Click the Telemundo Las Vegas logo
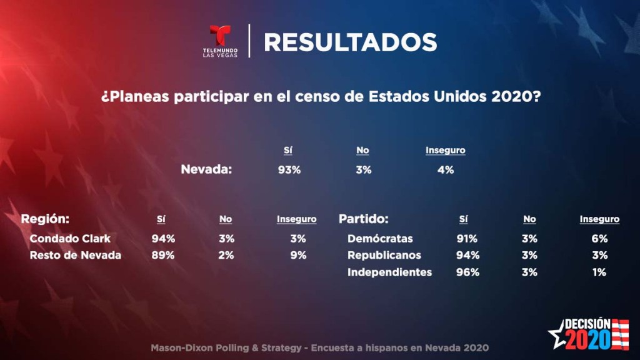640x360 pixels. (x=221, y=41)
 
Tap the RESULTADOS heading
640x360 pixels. (x=350, y=42)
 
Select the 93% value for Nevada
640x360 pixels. (x=289, y=169)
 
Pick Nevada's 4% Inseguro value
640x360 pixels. (x=445, y=169)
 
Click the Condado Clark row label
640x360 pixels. (x=70, y=238)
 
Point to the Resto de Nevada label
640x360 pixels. (x=75, y=255)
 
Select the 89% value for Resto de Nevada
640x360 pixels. (x=163, y=255)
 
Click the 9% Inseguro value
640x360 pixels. (x=297, y=255)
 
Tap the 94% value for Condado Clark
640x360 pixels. (x=163, y=238)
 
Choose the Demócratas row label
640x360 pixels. (x=380, y=238)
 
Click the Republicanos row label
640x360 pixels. (x=384, y=255)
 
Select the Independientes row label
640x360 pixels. (x=389, y=272)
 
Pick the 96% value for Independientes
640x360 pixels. (x=468, y=272)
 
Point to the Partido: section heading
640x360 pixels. (x=364, y=219)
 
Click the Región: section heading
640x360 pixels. (x=45, y=219)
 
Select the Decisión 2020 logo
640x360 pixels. (x=588, y=333)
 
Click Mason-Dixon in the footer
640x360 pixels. (x=179, y=347)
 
